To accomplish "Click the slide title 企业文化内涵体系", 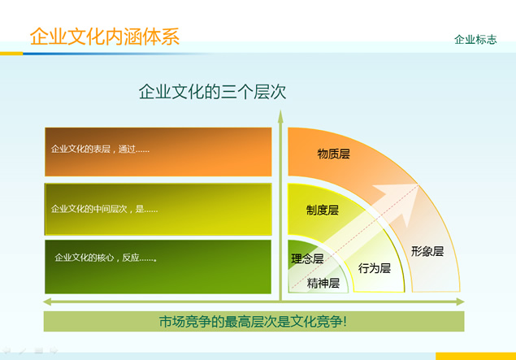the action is click(x=105, y=37).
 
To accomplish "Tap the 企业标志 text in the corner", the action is click(x=475, y=40).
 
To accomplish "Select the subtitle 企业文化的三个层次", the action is click(x=212, y=92).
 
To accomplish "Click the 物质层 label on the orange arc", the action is click(x=333, y=154).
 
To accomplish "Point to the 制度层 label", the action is click(x=322, y=210).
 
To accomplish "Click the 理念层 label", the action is click(x=307, y=258).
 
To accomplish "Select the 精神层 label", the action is click(x=323, y=283).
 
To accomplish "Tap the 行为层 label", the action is click(x=375, y=268).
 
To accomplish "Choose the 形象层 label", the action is click(x=427, y=251).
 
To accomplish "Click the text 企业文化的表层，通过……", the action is click(x=100, y=150).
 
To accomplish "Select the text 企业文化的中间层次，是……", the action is click(x=104, y=209).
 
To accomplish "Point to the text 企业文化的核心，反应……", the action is click(x=106, y=258).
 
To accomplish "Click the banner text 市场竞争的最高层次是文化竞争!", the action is click(x=253, y=322).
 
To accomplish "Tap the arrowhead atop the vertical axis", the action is click(x=280, y=116).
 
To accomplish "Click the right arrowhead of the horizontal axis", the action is click(x=460, y=301).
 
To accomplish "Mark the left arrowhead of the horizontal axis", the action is click(x=47, y=301).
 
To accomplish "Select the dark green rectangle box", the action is click(x=158, y=267).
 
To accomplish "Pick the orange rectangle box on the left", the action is click(x=158, y=152).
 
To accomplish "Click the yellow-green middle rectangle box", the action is click(x=158, y=210).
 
